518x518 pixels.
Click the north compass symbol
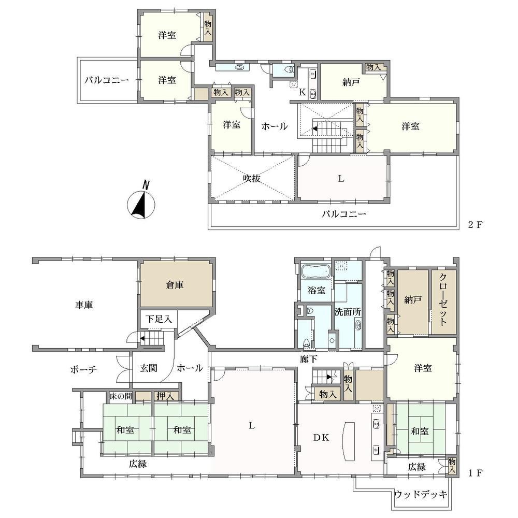tap(141, 203)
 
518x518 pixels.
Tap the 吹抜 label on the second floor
tap(252, 178)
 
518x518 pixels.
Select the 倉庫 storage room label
tap(175, 285)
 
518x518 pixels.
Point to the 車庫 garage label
tap(84, 305)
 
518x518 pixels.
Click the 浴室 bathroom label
tap(316, 291)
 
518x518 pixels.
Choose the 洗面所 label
tap(348, 312)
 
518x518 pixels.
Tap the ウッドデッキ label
tap(421, 494)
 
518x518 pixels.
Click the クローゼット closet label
tap(443, 299)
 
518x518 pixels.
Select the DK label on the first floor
tap(321, 438)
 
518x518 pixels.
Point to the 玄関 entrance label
tap(148, 368)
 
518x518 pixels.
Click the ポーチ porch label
tap(83, 369)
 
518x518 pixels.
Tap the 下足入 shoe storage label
tap(159, 319)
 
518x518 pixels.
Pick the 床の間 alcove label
tap(121, 396)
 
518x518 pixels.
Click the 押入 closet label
tap(165, 396)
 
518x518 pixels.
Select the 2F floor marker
tap(476, 225)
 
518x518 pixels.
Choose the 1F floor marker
tap(476, 473)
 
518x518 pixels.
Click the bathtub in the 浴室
tap(316, 271)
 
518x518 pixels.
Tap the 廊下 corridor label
tap(309, 359)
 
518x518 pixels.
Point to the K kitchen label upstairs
tap(303, 92)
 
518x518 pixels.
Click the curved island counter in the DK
tap(348, 441)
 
